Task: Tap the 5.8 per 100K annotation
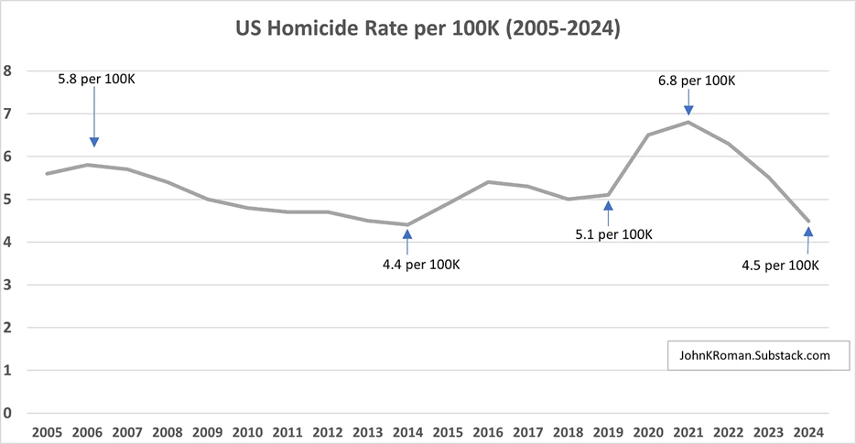coord(95,80)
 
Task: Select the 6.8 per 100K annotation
coord(697,81)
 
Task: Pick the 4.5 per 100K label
coord(780,265)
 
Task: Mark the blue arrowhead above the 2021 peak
coord(688,109)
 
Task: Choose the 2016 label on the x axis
coord(488,431)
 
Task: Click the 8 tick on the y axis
coord(8,70)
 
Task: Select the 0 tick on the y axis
coord(8,413)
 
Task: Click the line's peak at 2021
coord(688,122)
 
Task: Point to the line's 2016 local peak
coord(488,182)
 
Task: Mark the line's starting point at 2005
coord(45,173)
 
